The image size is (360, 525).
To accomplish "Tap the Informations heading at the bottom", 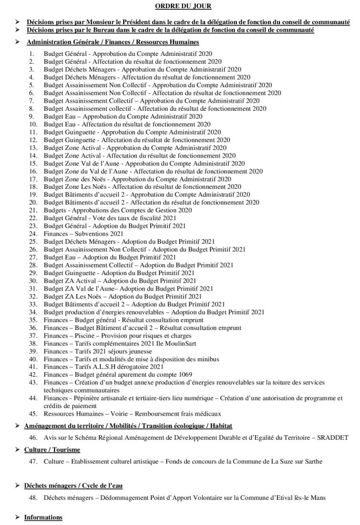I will (43, 517).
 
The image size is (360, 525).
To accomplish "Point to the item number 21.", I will (33, 210).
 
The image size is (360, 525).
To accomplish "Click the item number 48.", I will (33, 497).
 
